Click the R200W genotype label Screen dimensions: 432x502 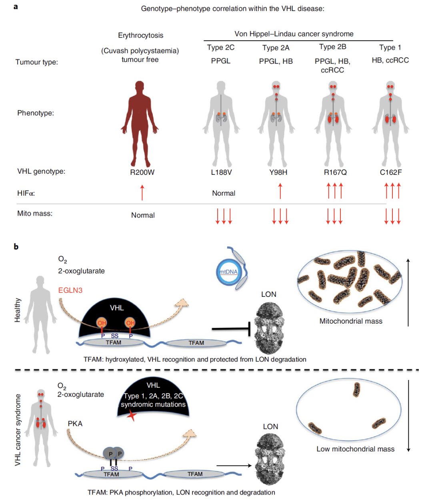click(x=142, y=172)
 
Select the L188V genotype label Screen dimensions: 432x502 click(x=221, y=172)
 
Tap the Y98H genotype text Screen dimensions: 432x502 click(x=278, y=172)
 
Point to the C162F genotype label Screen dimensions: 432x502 click(x=390, y=172)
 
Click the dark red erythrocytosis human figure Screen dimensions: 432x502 click(x=140, y=124)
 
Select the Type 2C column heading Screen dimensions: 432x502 click(x=220, y=47)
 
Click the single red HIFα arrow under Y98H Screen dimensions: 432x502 click(x=280, y=191)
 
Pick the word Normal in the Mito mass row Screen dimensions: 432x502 click(x=143, y=215)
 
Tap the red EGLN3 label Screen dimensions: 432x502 click(x=70, y=290)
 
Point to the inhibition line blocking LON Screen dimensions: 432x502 click(x=231, y=329)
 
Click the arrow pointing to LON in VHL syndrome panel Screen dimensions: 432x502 click(x=234, y=466)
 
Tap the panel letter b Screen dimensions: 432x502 click(x=16, y=247)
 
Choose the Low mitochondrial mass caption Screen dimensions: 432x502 click(x=355, y=449)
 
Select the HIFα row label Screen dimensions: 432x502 click(x=26, y=193)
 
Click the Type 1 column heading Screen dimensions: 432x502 click(x=390, y=47)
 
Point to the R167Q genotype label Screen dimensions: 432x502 click(x=335, y=172)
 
